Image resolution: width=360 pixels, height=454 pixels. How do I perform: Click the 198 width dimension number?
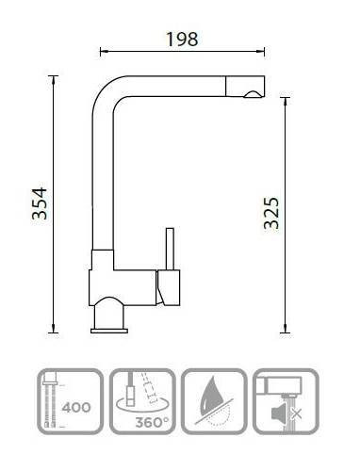coord(182,39)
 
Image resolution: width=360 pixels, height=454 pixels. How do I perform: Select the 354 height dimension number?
coord(40,203)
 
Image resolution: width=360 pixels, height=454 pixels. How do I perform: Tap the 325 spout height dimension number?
coord(271,213)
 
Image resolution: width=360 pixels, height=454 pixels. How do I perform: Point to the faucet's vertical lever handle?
coord(170,249)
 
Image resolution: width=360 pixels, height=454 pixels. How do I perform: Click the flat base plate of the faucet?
coord(109,331)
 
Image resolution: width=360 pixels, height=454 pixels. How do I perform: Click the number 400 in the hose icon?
coord(76,408)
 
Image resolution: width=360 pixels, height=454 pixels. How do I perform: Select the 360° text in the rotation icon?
coord(153,422)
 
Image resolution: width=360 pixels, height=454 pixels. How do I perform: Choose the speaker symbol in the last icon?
coord(279,413)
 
